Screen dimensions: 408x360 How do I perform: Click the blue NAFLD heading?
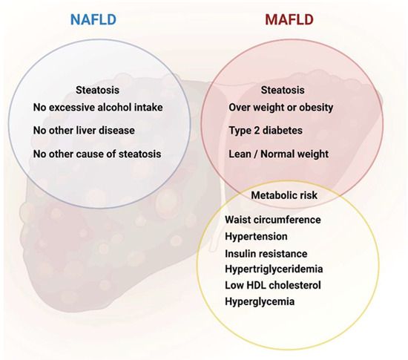pos(93,19)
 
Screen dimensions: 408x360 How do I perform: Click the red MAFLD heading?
pos(289,19)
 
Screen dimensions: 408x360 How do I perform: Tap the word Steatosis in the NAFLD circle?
pos(98,90)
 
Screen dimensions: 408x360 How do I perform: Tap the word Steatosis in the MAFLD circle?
pos(283,90)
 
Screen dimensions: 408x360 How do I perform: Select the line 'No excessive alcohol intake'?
pos(98,107)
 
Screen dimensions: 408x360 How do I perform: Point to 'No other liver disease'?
pos(84,131)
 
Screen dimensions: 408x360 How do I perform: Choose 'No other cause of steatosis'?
pos(97,154)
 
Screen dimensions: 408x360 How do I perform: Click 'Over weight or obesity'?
pos(281,108)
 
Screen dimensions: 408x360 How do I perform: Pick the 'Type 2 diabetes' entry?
pos(266,131)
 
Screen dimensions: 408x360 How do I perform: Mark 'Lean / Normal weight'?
pos(279,154)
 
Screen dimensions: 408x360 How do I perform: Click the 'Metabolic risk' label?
pos(284,195)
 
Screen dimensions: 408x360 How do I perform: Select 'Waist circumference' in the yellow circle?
pos(273,220)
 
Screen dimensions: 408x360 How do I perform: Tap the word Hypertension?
pos(257,237)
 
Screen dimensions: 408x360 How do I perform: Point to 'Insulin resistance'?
pos(266,254)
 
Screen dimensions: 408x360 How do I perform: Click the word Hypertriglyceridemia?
pos(274,269)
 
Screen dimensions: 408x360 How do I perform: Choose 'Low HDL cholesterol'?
pos(273,285)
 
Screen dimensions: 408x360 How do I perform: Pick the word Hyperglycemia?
pos(260,302)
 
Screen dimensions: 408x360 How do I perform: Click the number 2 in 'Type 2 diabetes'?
pos(257,130)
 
